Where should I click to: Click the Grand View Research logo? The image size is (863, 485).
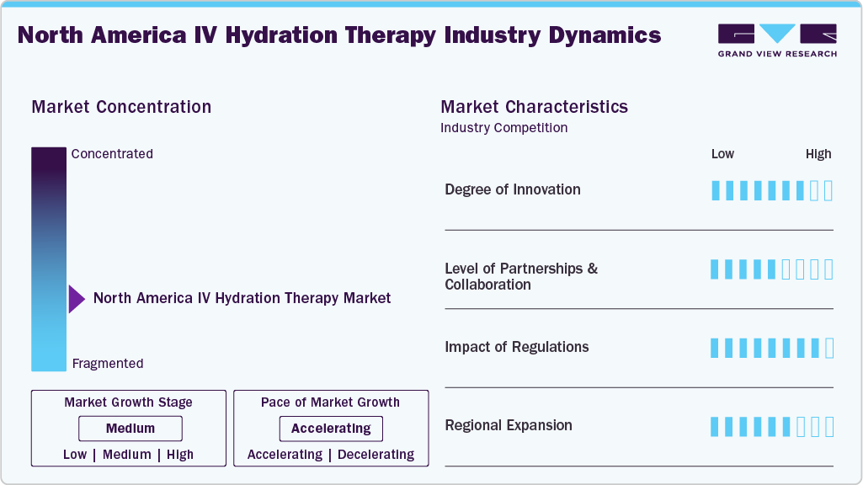(777, 40)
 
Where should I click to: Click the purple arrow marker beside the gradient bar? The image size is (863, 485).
(76, 299)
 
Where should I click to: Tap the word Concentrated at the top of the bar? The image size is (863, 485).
(112, 153)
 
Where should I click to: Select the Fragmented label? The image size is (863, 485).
(108, 364)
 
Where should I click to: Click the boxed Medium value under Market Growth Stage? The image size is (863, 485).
(130, 429)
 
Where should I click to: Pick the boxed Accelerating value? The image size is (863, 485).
(331, 429)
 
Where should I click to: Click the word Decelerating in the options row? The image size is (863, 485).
(376, 455)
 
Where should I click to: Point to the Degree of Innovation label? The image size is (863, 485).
(512, 189)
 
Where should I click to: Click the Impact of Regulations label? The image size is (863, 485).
(516, 347)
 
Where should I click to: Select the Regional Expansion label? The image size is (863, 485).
(508, 425)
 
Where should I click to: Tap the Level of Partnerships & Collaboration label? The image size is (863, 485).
(520, 276)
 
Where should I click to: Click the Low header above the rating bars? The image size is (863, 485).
(722, 154)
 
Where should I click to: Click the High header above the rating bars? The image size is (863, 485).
(818, 154)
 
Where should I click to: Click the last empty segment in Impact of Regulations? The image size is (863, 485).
(829, 348)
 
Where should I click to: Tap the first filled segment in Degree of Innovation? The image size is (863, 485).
(716, 190)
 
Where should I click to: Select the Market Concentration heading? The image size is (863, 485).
(121, 107)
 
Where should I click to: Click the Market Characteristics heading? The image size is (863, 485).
(534, 107)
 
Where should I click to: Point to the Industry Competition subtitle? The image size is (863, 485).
(503, 128)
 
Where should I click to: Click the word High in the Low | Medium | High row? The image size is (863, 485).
(179, 455)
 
